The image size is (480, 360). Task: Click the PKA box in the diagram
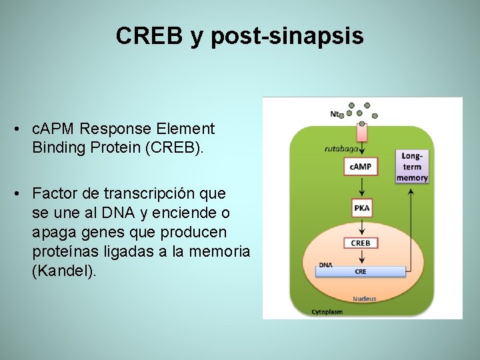click(361, 208)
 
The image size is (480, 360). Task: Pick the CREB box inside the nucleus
click(361, 243)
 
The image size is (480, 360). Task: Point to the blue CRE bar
click(361, 271)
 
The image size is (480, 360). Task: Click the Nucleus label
click(365, 299)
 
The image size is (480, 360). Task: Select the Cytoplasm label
click(327, 311)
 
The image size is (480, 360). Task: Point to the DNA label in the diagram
click(325, 265)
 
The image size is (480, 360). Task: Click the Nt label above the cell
click(335, 113)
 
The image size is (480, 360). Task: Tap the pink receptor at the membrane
click(362, 132)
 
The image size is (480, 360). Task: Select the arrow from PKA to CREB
click(361, 225)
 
